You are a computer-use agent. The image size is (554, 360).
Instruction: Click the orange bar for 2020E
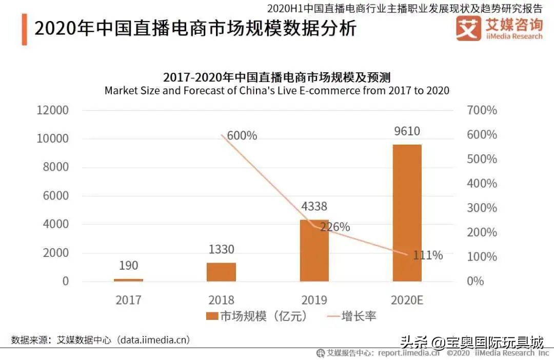click(x=407, y=213)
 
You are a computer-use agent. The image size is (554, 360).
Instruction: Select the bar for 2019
click(x=314, y=250)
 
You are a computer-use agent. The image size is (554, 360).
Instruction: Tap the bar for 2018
click(x=221, y=272)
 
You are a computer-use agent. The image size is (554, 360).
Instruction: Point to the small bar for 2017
click(x=128, y=279)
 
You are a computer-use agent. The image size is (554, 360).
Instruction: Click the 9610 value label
click(x=407, y=131)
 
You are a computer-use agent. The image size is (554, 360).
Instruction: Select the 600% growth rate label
click(x=242, y=136)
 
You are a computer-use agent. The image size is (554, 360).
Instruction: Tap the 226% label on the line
click(x=335, y=226)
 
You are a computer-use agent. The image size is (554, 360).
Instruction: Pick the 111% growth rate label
click(x=428, y=255)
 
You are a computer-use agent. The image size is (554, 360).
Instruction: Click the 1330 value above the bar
click(x=221, y=250)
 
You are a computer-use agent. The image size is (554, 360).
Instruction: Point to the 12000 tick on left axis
click(x=51, y=110)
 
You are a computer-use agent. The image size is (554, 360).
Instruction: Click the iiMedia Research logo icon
click(x=468, y=28)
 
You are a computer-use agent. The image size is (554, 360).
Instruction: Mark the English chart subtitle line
click(x=277, y=91)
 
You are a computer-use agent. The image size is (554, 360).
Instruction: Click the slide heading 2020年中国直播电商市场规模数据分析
click(x=195, y=28)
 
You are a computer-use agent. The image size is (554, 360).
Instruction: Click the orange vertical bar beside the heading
click(x=24, y=29)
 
